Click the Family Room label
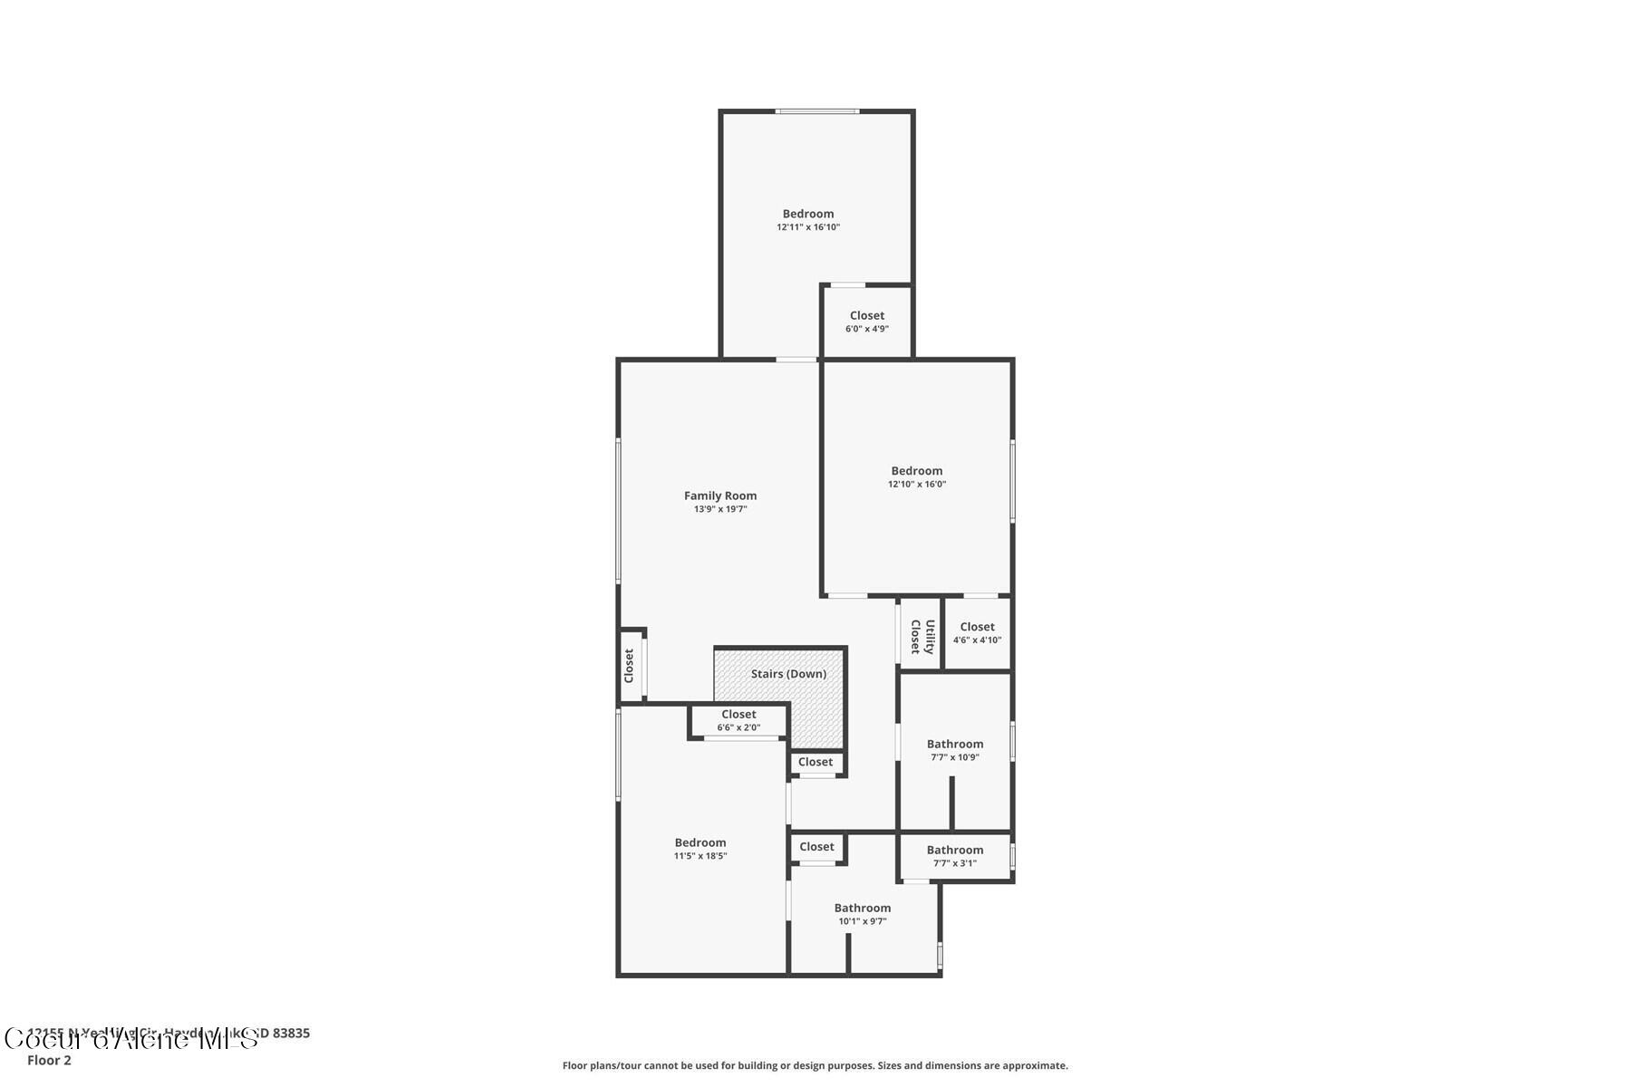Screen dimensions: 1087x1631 (719, 495)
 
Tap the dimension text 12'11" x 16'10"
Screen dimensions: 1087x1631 (807, 227)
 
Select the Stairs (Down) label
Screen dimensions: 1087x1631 (788, 674)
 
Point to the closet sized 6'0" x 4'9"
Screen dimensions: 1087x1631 (866, 322)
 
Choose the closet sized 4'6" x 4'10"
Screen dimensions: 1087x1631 (977, 633)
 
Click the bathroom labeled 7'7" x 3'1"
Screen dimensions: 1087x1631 (954, 856)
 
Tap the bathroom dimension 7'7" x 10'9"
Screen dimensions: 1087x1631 (954, 757)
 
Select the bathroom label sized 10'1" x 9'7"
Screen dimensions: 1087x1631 (862, 908)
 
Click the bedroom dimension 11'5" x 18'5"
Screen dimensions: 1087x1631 (700, 856)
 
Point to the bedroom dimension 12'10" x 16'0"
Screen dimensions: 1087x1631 (916, 484)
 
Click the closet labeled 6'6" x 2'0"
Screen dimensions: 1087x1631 (738, 721)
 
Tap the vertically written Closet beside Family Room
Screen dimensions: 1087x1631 (629, 666)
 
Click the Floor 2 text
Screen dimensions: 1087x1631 (49, 1060)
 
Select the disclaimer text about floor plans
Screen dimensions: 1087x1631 (815, 1065)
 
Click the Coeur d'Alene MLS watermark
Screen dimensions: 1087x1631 (131, 1039)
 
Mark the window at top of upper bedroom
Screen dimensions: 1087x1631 (816, 111)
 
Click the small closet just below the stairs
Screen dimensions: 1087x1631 (815, 763)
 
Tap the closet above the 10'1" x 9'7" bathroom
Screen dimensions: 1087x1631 (816, 847)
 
